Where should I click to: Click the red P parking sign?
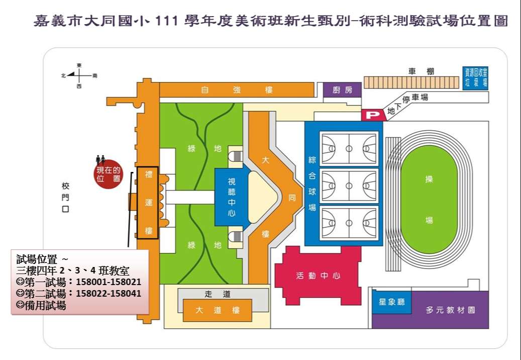[x=373, y=115]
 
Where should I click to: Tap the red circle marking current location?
[x=110, y=174]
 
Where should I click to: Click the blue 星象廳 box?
[x=391, y=303]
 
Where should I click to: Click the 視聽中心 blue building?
[x=231, y=197]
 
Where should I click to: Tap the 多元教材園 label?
[x=450, y=310]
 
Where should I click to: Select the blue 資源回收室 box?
[x=475, y=78]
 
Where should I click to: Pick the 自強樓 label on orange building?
[x=237, y=90]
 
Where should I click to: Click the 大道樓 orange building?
[x=217, y=310]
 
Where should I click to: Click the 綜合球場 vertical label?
[x=312, y=183]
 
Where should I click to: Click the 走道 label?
[x=217, y=294]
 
